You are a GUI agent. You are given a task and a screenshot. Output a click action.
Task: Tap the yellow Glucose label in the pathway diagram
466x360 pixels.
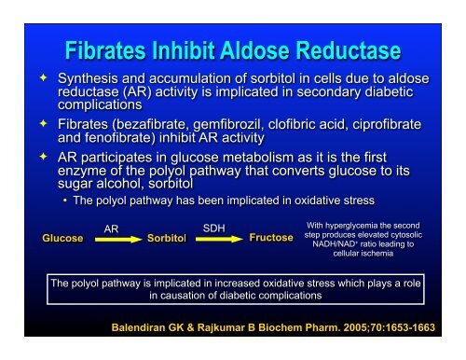click(x=61, y=239)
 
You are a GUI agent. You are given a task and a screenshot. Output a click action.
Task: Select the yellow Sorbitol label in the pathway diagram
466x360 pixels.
click(x=168, y=239)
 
